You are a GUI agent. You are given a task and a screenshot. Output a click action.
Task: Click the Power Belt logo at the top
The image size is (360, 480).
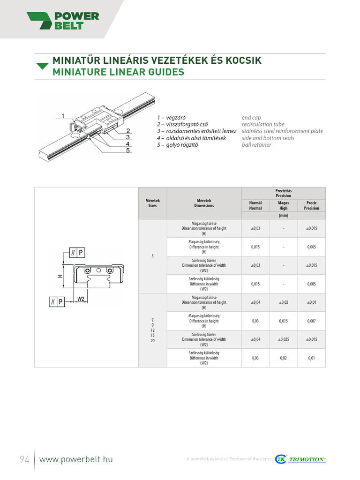click(x=63, y=21)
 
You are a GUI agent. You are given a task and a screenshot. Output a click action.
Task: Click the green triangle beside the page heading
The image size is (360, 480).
click(x=42, y=66)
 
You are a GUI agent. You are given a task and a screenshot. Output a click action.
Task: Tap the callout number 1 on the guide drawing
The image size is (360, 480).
click(x=62, y=115)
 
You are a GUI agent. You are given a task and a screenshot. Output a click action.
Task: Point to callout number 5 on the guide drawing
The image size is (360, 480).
click(x=127, y=150)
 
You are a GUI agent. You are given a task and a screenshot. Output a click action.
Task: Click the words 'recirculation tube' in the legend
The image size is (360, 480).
click(x=263, y=124)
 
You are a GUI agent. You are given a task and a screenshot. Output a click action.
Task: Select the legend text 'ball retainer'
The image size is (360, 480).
click(x=256, y=145)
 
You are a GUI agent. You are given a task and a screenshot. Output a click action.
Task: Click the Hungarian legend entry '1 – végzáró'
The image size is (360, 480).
click(x=175, y=118)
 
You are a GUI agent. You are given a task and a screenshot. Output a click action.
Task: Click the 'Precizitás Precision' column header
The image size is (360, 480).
click(x=283, y=193)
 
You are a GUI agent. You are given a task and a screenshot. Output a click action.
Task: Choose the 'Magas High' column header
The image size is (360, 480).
click(x=283, y=205)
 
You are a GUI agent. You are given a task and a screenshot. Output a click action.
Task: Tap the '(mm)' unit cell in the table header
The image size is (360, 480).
click(x=283, y=216)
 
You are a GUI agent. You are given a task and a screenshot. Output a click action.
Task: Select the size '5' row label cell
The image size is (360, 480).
click(x=152, y=256)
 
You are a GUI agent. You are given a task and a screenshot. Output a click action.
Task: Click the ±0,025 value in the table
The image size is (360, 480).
click(x=283, y=339)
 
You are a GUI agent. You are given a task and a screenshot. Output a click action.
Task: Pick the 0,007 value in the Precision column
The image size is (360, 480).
click(x=311, y=321)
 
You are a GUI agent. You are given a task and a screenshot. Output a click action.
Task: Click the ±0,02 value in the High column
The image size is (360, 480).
click(x=283, y=302)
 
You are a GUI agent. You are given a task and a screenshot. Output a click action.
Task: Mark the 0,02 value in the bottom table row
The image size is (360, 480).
click(x=283, y=358)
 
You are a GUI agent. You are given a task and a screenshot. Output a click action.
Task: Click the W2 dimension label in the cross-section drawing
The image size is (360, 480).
click(x=81, y=299)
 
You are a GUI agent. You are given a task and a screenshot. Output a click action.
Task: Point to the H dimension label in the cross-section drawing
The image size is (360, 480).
click(x=60, y=276)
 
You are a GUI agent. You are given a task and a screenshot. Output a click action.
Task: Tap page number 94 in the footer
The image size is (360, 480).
click(x=24, y=459)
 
